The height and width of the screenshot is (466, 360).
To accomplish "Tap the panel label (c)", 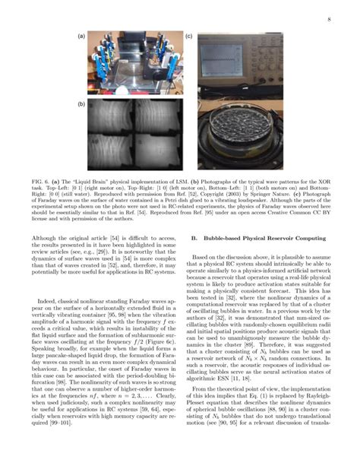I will (189, 36).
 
